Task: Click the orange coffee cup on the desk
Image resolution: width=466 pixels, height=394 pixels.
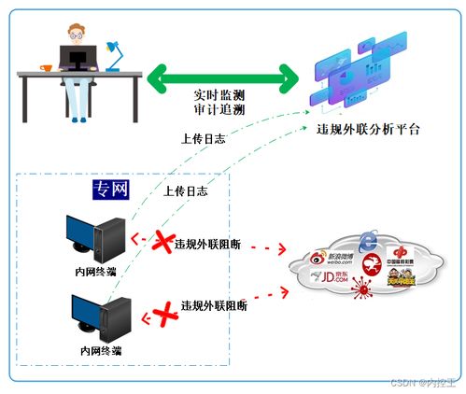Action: pyautogui.click(x=43, y=67)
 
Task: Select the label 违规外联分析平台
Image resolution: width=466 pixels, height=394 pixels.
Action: pyautogui.click(x=368, y=130)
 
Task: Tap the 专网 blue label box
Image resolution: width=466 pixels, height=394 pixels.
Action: pyautogui.click(x=110, y=190)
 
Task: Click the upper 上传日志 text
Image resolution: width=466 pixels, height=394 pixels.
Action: pyautogui.click(x=203, y=139)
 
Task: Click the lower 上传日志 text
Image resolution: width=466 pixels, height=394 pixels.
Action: pyautogui.click(x=185, y=190)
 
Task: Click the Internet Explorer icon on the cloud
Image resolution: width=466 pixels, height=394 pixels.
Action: pyautogui.click(x=369, y=240)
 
